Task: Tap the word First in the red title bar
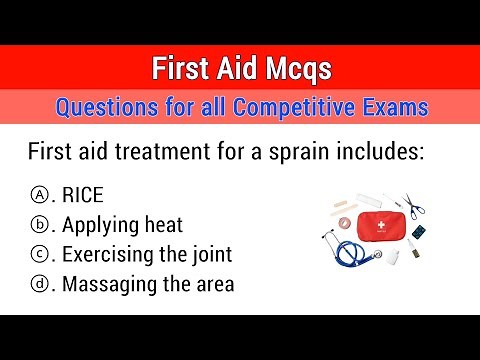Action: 183,69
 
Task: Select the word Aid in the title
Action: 239,69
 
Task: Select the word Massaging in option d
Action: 106,284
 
